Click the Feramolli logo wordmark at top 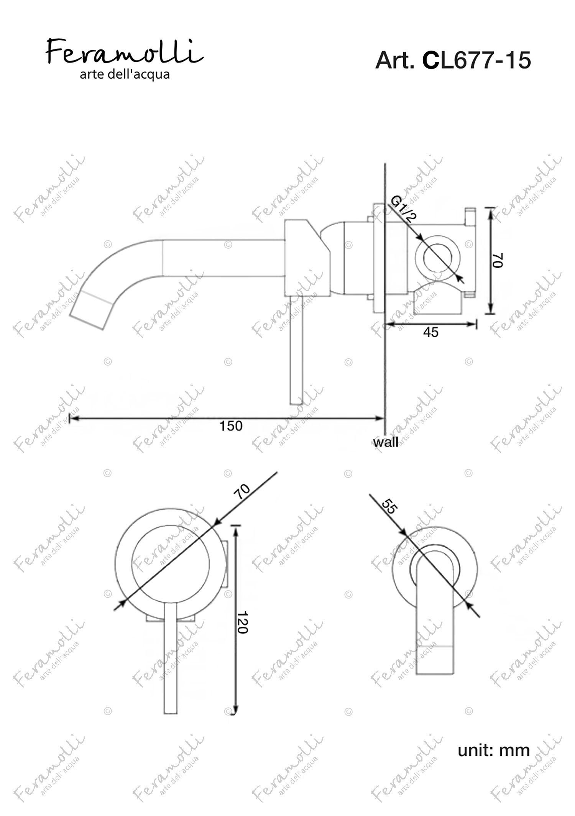pos(125,51)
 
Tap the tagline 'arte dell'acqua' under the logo pos(125,74)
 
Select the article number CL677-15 pos(476,60)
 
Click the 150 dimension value pos(231,426)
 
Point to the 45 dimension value pos(430,332)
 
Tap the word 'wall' pos(386,442)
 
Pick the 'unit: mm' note pos(494,750)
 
